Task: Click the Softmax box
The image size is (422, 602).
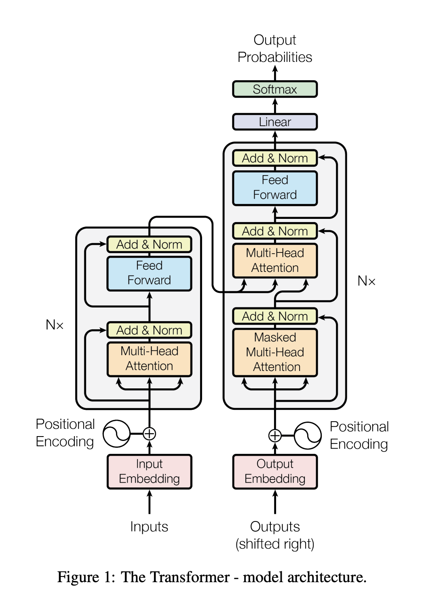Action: coord(274,89)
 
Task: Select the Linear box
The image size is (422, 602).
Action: coord(274,122)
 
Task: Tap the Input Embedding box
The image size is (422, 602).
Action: coord(149,471)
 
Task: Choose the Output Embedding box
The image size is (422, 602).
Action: coord(274,471)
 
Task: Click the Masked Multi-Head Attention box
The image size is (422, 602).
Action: coord(274,352)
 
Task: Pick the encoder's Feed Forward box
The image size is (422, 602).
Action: coord(149,273)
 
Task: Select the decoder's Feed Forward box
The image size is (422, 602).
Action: coord(274,188)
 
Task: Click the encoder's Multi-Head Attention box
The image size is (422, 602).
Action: coord(149,359)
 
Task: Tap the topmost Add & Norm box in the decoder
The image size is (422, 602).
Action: coord(274,158)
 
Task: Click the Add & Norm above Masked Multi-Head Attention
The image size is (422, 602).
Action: coord(274,316)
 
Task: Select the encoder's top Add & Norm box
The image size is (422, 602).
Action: coord(149,244)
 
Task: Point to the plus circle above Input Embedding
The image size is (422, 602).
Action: coord(149,433)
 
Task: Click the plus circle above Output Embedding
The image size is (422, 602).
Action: coord(274,435)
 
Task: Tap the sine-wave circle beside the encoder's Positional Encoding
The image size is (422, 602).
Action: coord(116,433)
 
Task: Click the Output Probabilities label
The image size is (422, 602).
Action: coord(274,49)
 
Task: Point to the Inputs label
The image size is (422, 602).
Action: coord(149,526)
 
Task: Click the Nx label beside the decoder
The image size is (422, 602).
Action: coord(367,281)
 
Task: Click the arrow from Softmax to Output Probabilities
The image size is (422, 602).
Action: coord(274,73)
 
